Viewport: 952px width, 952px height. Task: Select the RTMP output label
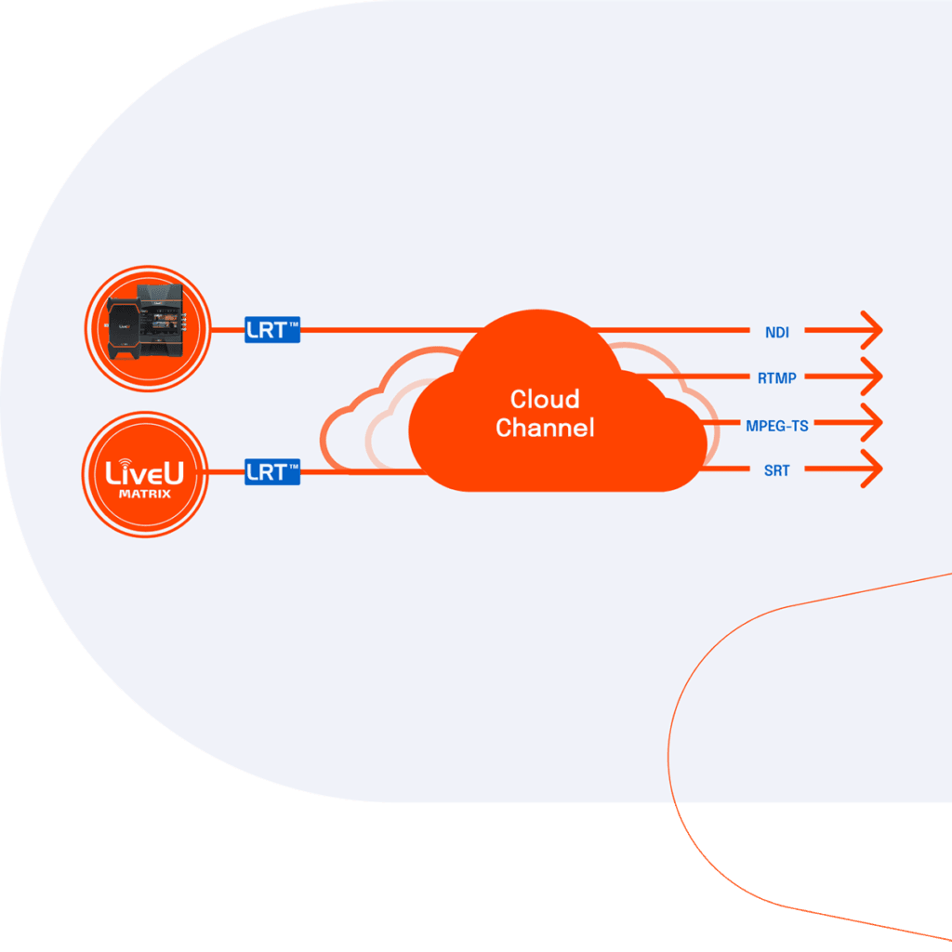coord(776,377)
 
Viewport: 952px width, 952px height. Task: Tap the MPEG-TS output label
coord(776,425)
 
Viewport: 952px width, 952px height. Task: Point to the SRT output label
coord(776,471)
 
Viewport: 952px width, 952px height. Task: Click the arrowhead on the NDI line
coord(872,330)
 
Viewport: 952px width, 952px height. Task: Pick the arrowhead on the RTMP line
coord(872,377)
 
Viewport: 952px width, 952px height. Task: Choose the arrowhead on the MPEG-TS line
coord(872,424)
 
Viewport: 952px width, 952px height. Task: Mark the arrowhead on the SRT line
coord(872,470)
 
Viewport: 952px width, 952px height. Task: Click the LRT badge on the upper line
coord(271,329)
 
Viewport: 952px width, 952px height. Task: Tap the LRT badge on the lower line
coord(271,471)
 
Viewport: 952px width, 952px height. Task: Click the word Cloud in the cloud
coord(544,400)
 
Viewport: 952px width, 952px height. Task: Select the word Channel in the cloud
coord(544,429)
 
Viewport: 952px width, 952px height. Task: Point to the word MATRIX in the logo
coord(144,495)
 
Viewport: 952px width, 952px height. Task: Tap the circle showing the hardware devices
coord(146,326)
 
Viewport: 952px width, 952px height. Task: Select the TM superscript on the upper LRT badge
coord(292,322)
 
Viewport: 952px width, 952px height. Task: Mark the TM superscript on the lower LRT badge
coord(292,464)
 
